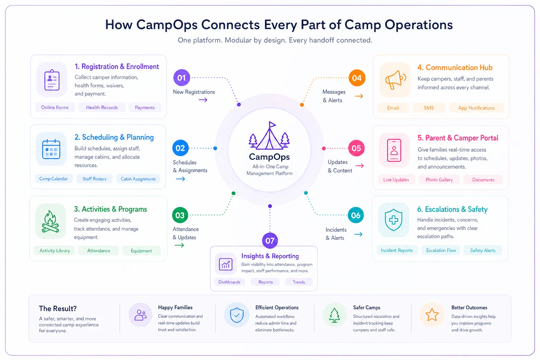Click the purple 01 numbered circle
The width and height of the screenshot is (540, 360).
(x=181, y=78)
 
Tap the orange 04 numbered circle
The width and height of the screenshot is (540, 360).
(x=357, y=78)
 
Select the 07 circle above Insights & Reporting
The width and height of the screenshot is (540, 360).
(x=270, y=240)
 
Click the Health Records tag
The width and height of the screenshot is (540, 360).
(x=102, y=108)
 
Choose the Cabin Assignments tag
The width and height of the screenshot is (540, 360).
(x=139, y=179)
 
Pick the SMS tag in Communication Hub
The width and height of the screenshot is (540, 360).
(x=429, y=108)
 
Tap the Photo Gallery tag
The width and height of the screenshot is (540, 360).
(x=439, y=180)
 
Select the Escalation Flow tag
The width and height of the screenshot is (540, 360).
(x=441, y=250)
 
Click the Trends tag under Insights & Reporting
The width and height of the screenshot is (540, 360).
(x=299, y=282)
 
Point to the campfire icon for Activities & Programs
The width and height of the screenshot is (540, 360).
(x=51, y=221)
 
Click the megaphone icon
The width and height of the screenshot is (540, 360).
(x=396, y=80)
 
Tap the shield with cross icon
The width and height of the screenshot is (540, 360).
(x=393, y=220)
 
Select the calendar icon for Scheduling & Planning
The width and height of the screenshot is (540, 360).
(x=51, y=149)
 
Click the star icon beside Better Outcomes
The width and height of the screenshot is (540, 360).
(x=432, y=315)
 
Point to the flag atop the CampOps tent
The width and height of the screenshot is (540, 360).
(x=272, y=124)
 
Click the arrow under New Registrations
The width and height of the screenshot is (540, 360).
(x=203, y=100)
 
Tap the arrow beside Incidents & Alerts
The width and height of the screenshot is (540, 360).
(x=358, y=234)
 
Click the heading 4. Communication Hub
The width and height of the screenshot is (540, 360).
(x=455, y=67)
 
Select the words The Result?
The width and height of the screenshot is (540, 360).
(x=58, y=308)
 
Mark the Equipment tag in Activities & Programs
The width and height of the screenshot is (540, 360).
(x=141, y=251)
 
